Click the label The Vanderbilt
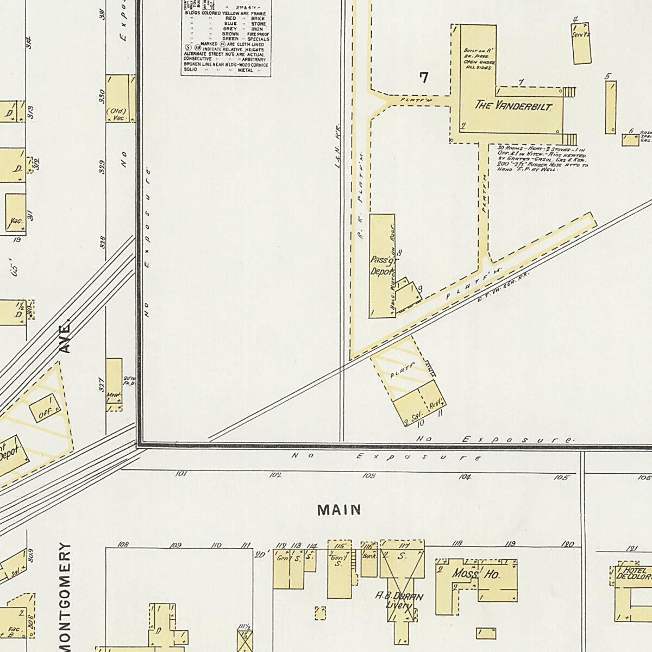(513, 105)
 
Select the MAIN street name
(340, 510)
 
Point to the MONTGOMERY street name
(65, 595)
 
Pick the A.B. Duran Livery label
(400, 600)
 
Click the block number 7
(423, 78)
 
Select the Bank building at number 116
(369, 557)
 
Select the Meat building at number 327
(114, 394)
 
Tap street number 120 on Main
(568, 543)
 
